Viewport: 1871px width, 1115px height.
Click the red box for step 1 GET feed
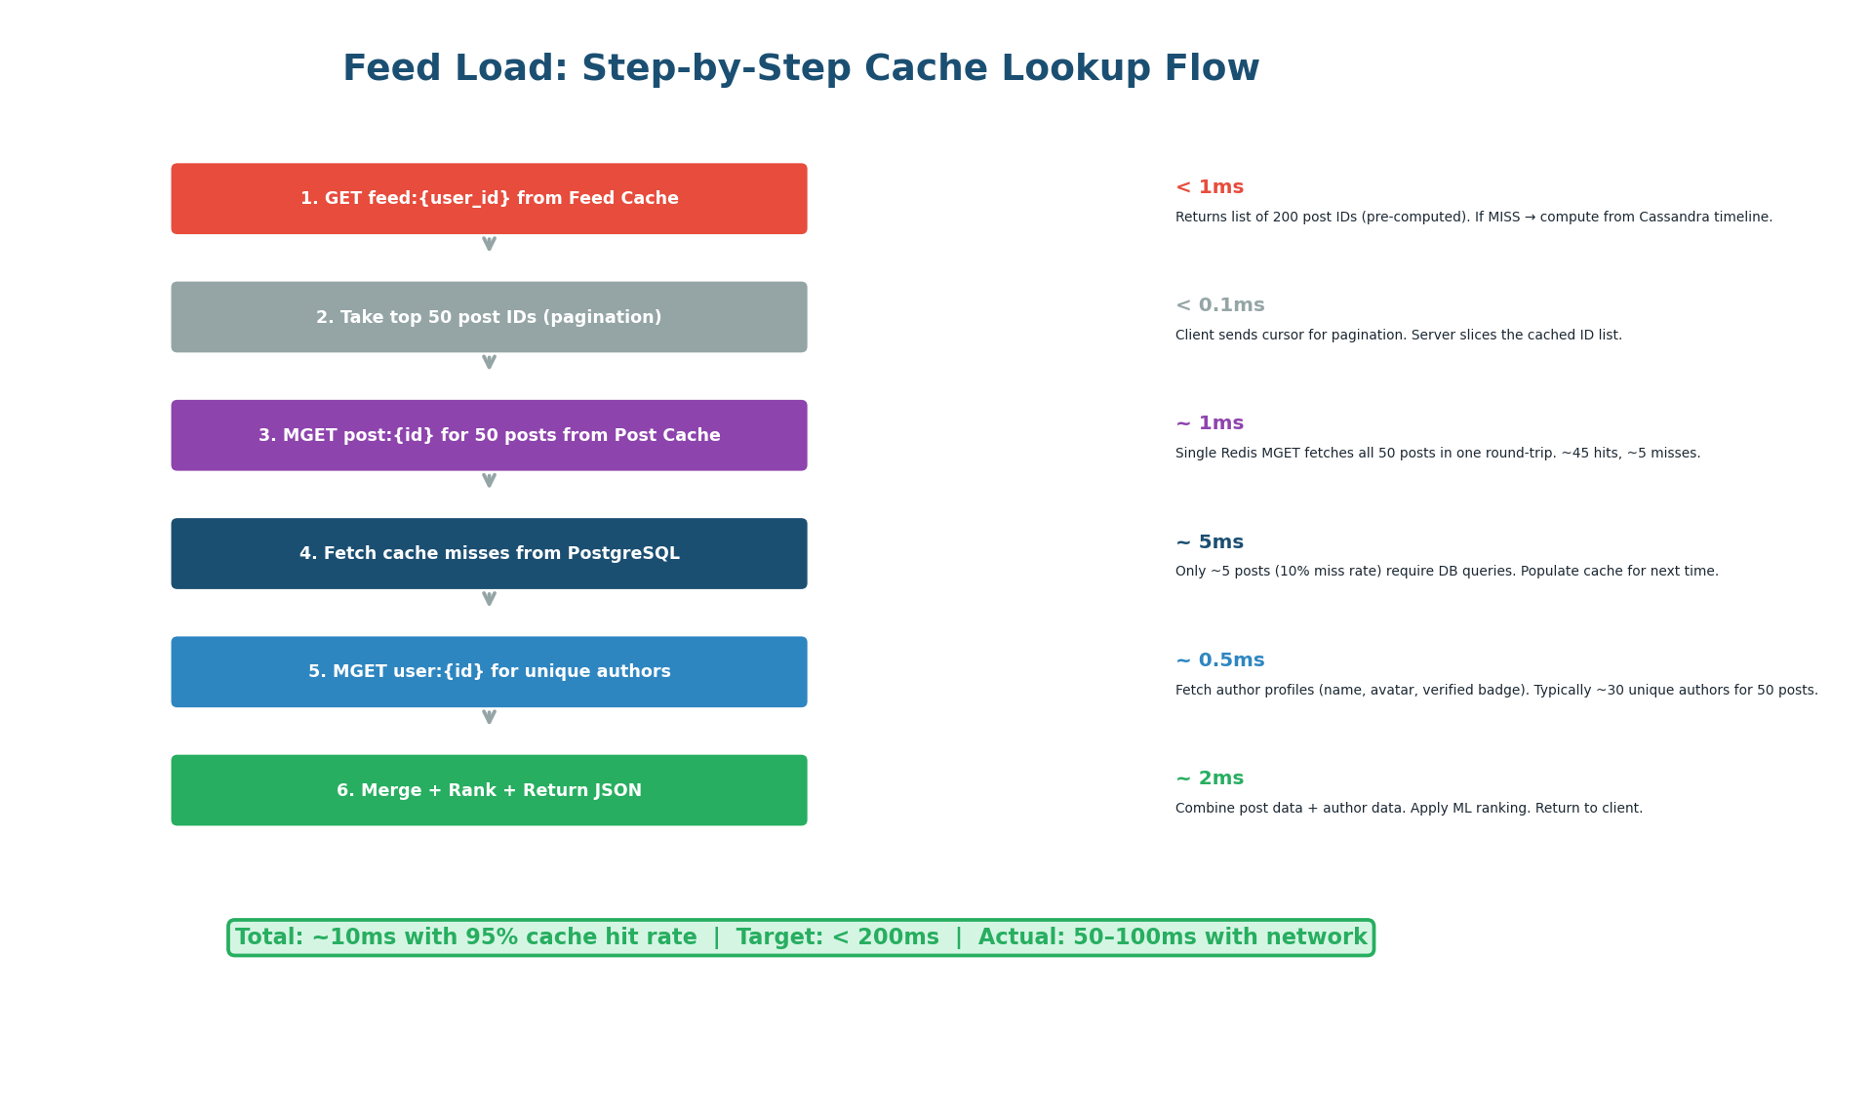(x=489, y=199)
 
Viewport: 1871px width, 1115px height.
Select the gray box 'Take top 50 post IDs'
(x=489, y=317)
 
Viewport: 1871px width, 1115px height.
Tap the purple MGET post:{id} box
(x=489, y=435)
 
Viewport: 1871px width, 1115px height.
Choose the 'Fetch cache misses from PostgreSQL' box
(x=489, y=553)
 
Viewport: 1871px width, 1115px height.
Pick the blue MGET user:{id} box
(x=489, y=672)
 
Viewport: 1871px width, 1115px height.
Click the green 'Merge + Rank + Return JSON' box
(x=489, y=790)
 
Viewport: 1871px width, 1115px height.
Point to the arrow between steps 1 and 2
(x=489, y=244)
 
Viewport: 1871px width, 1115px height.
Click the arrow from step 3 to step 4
(x=489, y=480)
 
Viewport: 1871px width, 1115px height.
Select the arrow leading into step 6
(x=489, y=717)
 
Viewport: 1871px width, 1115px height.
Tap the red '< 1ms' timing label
(x=1209, y=187)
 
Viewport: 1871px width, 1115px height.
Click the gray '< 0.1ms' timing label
(x=1219, y=305)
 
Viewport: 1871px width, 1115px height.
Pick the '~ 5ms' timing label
(x=1209, y=542)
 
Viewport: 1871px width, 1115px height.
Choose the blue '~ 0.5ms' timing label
(x=1219, y=660)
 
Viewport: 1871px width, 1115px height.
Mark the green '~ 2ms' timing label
(x=1209, y=778)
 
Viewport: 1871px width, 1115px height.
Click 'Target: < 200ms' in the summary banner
(x=837, y=937)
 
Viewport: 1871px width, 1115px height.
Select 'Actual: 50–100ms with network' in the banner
(x=1173, y=937)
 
